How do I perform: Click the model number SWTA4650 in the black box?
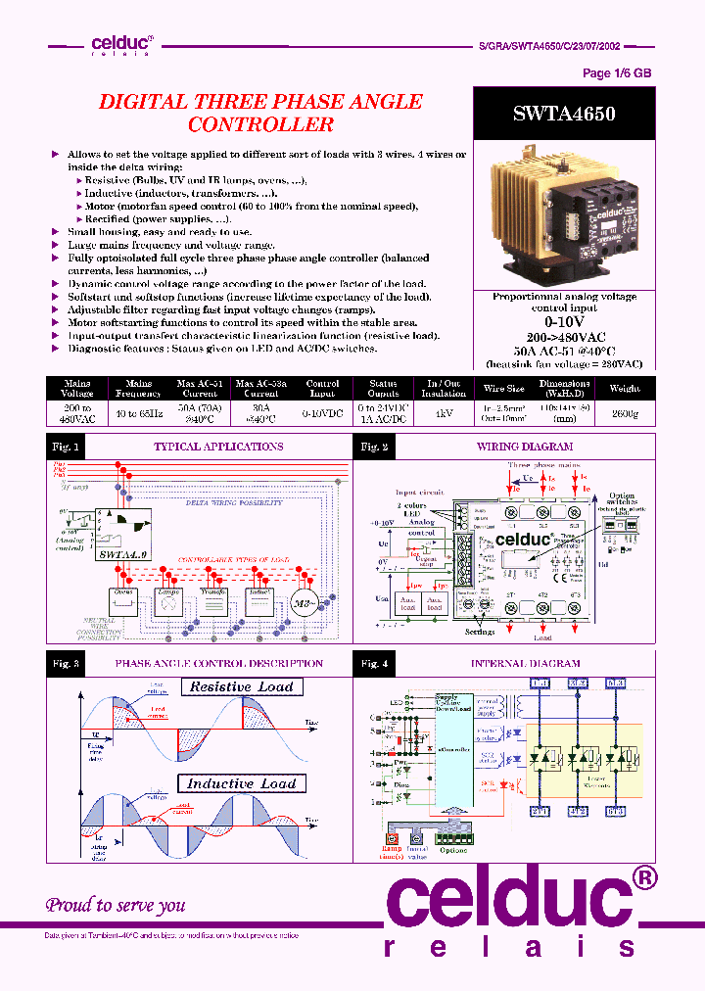click(563, 114)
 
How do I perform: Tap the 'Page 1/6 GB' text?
click(617, 73)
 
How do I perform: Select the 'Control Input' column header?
click(322, 389)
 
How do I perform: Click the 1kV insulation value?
click(445, 415)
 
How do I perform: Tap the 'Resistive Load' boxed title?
click(242, 686)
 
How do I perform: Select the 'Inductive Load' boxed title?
click(241, 783)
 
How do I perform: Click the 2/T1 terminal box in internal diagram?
click(540, 812)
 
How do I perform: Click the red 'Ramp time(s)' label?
click(394, 855)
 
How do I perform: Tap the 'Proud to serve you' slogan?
click(116, 905)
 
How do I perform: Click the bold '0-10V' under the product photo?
click(563, 321)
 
